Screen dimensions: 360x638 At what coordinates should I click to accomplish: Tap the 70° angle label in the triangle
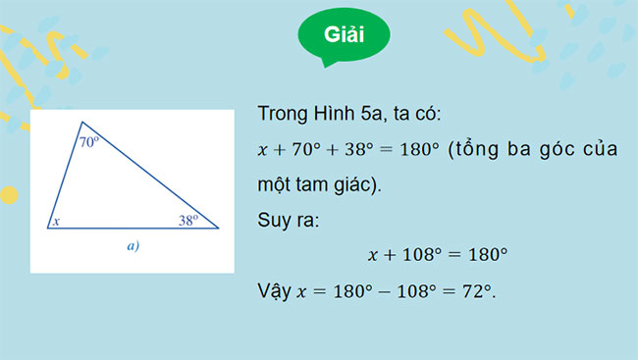pyautogui.click(x=88, y=142)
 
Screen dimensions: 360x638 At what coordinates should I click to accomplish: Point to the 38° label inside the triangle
pyautogui.click(x=188, y=220)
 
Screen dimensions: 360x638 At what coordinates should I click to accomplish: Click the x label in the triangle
pyautogui.click(x=57, y=222)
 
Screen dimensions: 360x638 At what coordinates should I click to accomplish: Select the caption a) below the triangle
pyautogui.click(x=133, y=247)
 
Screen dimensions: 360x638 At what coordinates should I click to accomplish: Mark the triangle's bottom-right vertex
pyautogui.click(x=218, y=228)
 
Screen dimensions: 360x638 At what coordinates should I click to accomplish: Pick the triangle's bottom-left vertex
pyautogui.click(x=47, y=228)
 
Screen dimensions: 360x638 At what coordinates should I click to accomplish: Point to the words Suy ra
pyautogui.click(x=285, y=220)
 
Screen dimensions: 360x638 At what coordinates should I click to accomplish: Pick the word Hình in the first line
pyautogui.click(x=333, y=115)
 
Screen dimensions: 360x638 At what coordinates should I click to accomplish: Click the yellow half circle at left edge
pyautogui.click(x=8, y=194)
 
